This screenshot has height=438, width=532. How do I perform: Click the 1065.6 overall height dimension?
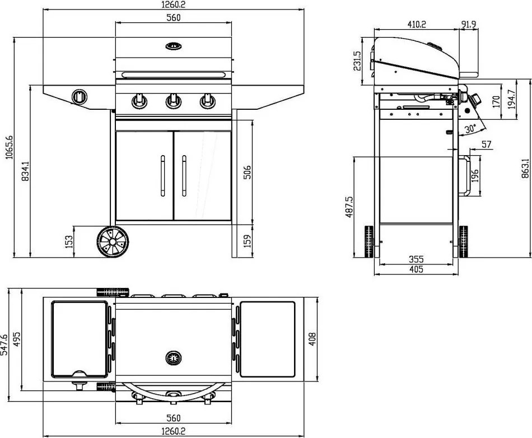pyautogui.click(x=9, y=147)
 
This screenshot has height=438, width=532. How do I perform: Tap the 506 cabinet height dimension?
pyautogui.click(x=247, y=172)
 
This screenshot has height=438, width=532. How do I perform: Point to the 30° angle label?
pyautogui.click(x=470, y=128)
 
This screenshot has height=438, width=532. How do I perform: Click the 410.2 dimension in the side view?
pyautogui.click(x=416, y=24)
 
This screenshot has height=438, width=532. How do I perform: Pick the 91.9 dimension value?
pyautogui.click(x=469, y=24)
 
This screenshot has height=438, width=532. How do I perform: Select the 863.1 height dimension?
pyautogui.click(x=525, y=168)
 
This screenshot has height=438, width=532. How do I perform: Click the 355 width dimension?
pyautogui.click(x=416, y=259)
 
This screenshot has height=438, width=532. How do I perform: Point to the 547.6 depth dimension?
pyautogui.click(x=5, y=346)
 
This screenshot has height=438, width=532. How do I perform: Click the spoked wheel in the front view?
pyautogui.click(x=113, y=242)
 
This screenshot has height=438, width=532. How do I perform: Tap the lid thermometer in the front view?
pyautogui.click(x=173, y=45)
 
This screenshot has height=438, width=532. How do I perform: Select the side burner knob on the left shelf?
pyautogui.click(x=80, y=97)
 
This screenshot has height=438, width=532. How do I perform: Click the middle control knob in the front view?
pyautogui.click(x=172, y=101)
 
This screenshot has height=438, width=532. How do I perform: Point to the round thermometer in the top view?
pyautogui.click(x=173, y=357)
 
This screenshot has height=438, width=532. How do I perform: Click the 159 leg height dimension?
pyautogui.click(x=247, y=241)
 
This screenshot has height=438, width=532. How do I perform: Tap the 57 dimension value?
pyautogui.click(x=486, y=145)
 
